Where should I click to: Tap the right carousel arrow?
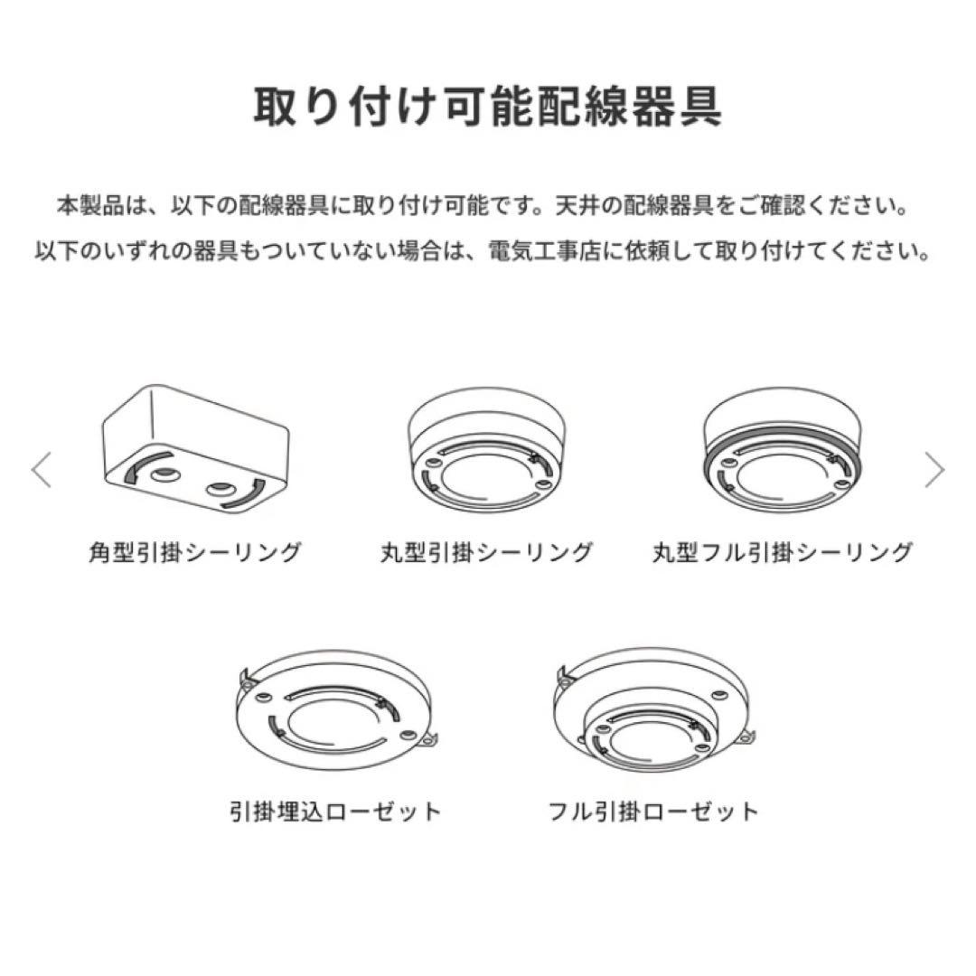(934, 470)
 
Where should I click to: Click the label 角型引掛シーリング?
(194, 552)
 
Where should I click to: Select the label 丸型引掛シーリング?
(486, 552)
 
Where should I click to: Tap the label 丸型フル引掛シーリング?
(783, 552)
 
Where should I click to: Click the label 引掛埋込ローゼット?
(336, 811)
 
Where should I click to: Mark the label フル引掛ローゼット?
(654, 811)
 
